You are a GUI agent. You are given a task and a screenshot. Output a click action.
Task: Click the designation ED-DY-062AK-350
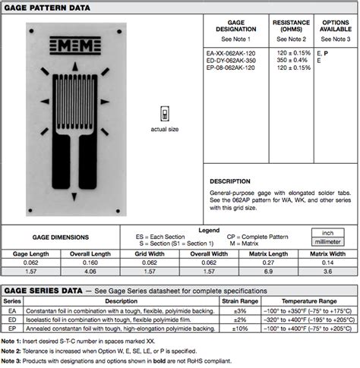pos(232,61)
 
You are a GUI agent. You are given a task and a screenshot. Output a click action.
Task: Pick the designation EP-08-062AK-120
pos(232,68)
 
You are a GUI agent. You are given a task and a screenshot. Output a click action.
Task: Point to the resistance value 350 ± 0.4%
pos(292,61)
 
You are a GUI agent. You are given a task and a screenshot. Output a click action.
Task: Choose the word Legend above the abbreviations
pos(208,229)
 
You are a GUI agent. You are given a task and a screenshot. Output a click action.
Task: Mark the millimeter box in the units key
pos(328,241)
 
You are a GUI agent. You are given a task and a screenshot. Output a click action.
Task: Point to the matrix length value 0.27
pos(268,261)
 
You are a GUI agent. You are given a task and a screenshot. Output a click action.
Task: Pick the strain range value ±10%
pos(239,329)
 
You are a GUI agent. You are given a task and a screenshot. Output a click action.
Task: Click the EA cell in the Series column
pos(11,310)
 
